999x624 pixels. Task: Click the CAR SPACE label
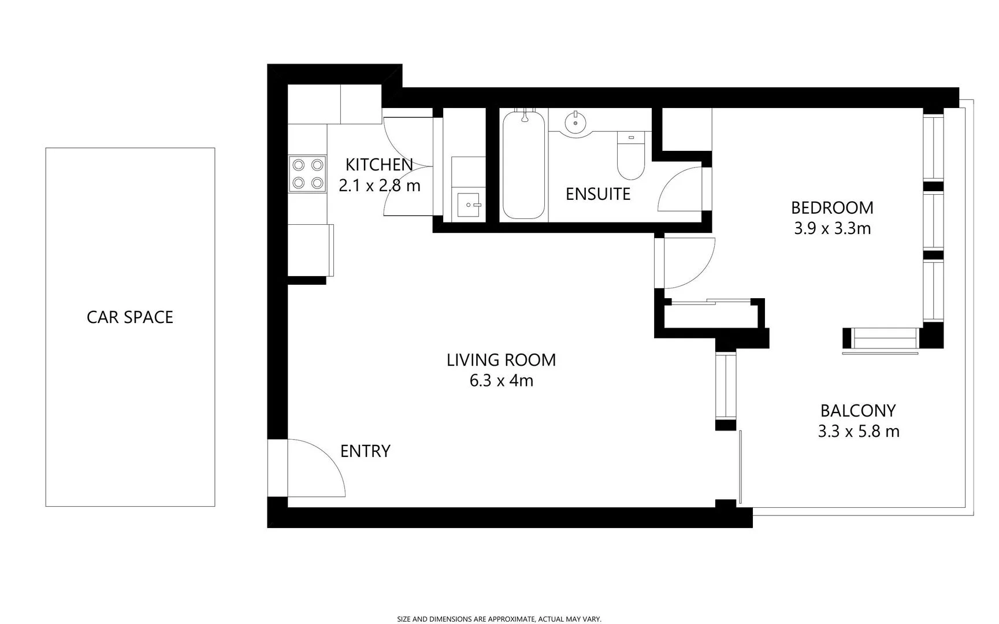[130, 317]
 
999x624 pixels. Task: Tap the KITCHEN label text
[379, 165]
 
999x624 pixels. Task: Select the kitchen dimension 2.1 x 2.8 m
[379, 186]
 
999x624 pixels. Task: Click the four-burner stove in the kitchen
[307, 174]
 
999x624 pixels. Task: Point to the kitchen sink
[469, 205]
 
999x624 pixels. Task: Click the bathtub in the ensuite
[523, 165]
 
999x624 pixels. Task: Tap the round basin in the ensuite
[576, 122]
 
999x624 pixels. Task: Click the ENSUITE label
[597, 194]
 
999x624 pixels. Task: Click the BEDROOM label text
[832, 207]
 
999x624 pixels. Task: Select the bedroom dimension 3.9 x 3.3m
[832, 229]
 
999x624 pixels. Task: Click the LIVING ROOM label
[501, 360]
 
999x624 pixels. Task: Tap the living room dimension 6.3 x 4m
[501, 381]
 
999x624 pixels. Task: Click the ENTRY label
[365, 451]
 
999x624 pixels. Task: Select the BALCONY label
[858, 411]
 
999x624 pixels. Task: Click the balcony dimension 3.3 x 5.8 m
[858, 432]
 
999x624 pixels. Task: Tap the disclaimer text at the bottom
[499, 619]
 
